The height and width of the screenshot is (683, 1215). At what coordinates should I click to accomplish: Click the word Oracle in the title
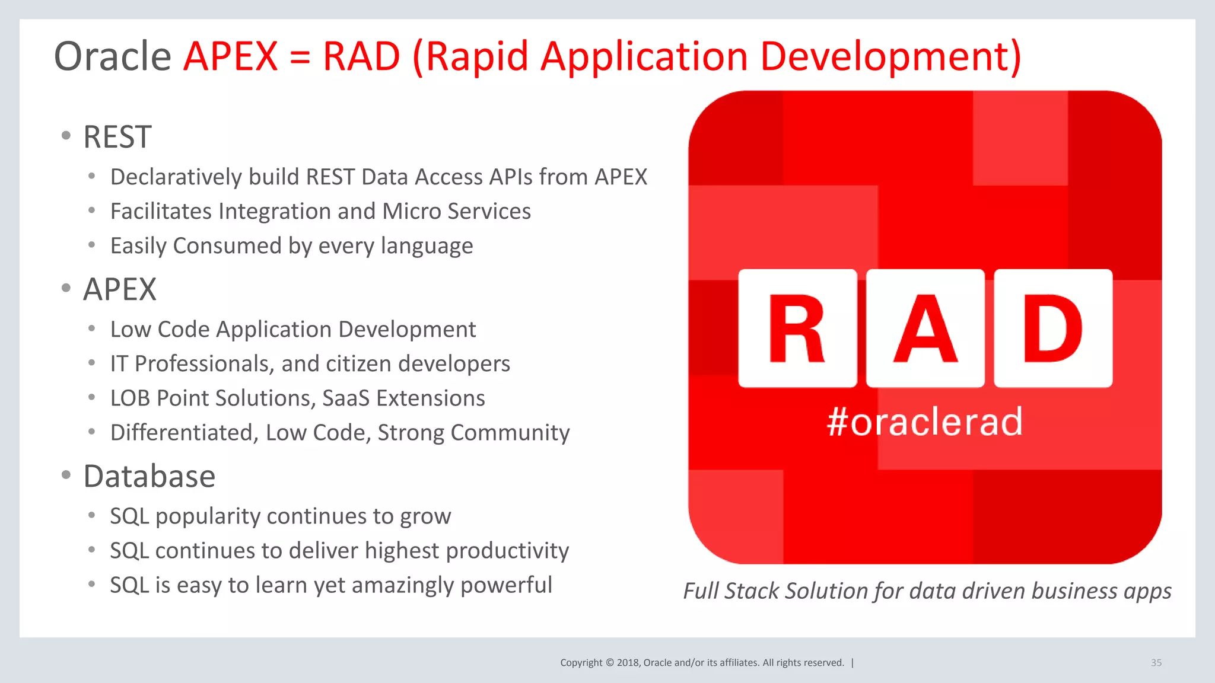point(113,56)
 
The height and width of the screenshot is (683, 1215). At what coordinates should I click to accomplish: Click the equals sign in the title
point(300,58)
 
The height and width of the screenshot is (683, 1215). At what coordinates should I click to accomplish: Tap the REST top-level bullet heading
point(117,137)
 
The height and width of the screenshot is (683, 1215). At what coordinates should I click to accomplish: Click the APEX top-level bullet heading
point(120,289)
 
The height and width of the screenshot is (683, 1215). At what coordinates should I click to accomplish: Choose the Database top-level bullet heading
point(150,476)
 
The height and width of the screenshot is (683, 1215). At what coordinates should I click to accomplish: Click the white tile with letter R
point(797,328)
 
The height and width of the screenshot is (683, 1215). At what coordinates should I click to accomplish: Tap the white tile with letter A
point(925,328)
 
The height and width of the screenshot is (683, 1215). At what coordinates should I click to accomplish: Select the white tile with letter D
point(1053,328)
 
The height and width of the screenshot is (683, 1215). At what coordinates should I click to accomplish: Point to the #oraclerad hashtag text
point(925,422)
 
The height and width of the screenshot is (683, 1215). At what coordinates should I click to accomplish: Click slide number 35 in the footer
point(1156,663)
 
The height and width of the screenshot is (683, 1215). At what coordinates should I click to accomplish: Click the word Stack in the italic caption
point(752,591)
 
